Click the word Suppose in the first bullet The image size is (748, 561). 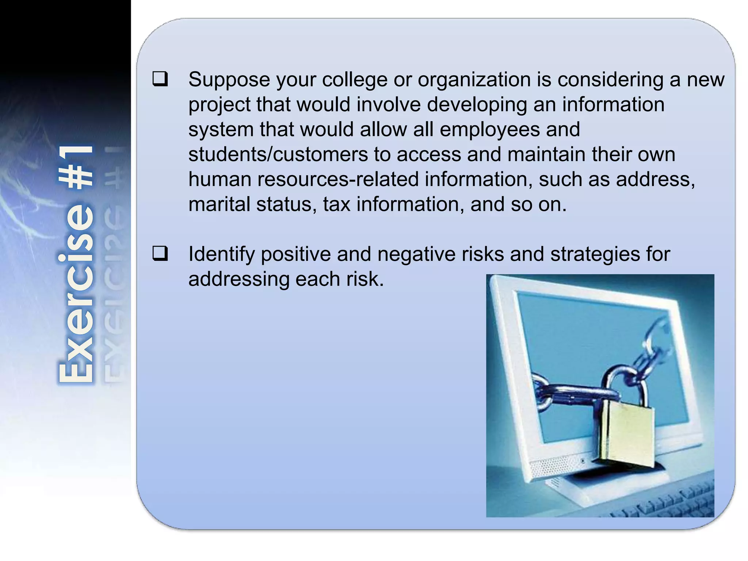(x=229, y=80)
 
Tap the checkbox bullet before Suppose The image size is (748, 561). (x=160, y=79)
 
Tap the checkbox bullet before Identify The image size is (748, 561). (x=160, y=254)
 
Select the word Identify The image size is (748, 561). (x=221, y=254)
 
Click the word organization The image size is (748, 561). (x=474, y=80)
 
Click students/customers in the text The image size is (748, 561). (x=278, y=154)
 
